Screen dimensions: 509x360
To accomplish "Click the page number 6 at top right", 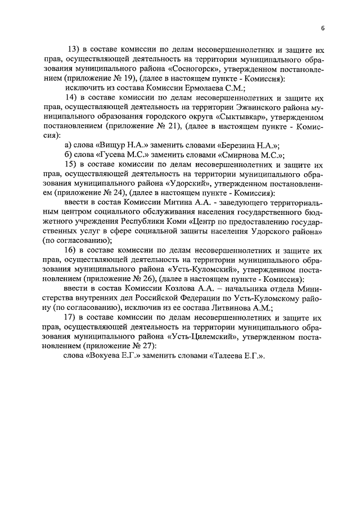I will [x=323, y=28].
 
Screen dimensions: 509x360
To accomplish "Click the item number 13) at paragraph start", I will [x=74, y=49].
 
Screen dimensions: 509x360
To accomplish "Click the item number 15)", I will [x=74, y=165].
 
